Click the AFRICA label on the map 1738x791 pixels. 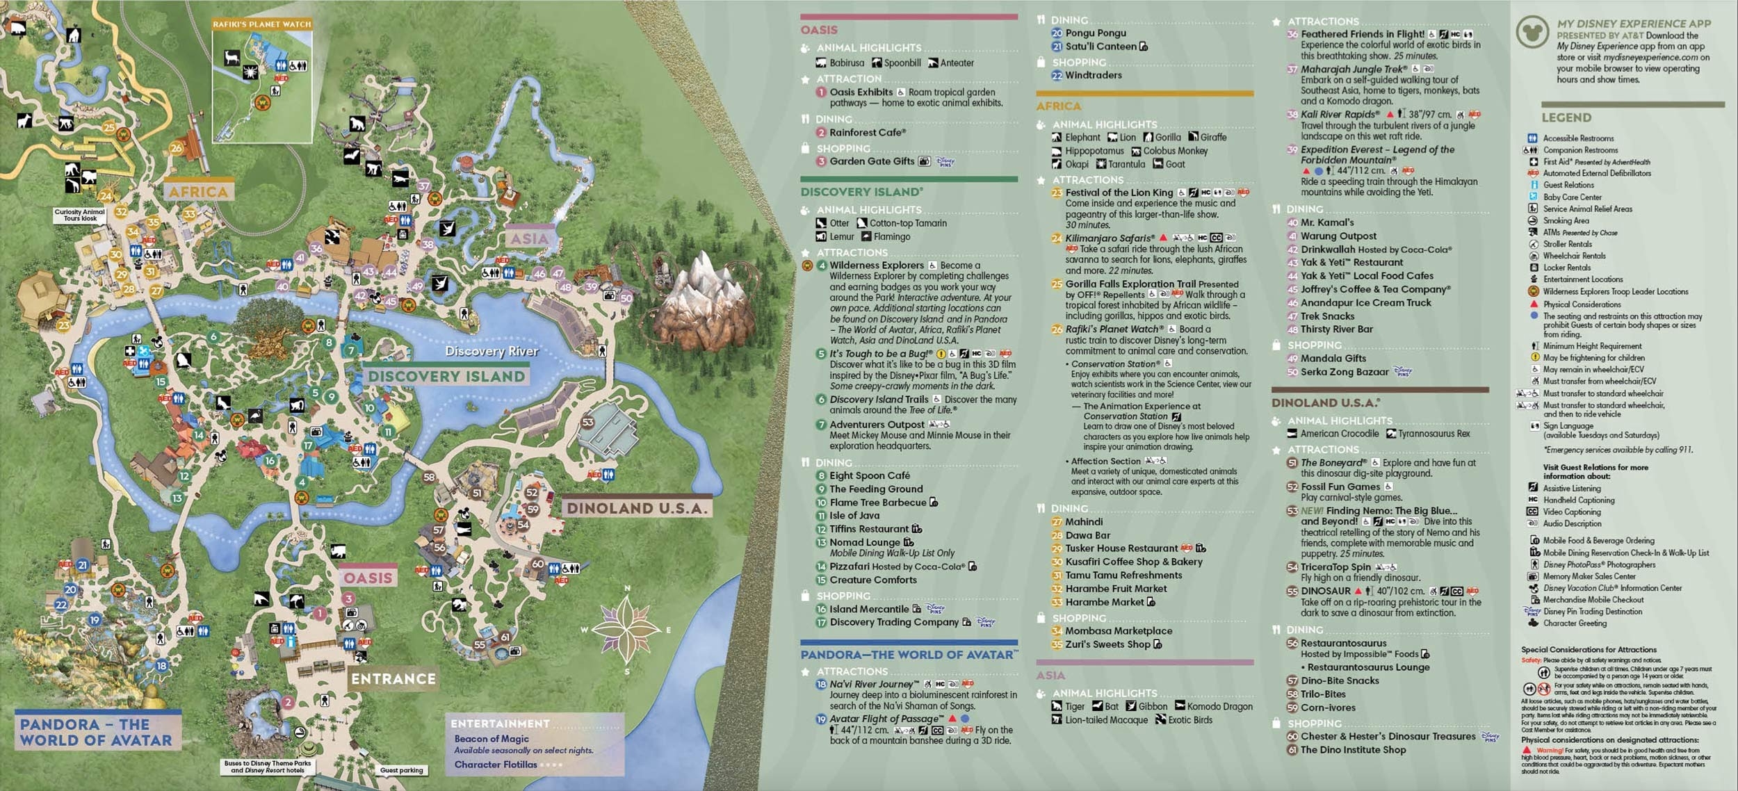pos(198,192)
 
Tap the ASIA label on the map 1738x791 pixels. pos(530,238)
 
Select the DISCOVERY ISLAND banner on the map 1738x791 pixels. pos(446,376)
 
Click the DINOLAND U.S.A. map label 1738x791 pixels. pos(637,508)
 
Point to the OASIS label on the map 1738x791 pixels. pos(368,578)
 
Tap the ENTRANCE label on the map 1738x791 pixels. pos(393,679)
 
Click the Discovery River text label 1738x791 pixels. pos(492,352)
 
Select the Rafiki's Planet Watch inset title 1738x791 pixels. pos(262,24)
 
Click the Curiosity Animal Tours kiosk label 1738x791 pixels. pos(80,215)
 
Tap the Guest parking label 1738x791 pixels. pos(401,770)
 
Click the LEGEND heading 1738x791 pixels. pos(1566,117)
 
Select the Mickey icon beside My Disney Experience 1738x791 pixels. pos(1532,32)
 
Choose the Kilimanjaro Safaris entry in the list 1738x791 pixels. pos(1110,238)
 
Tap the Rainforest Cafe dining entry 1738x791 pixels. pos(867,132)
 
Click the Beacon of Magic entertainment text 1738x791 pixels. pos(492,739)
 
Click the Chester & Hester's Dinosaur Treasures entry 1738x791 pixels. pos(1388,736)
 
